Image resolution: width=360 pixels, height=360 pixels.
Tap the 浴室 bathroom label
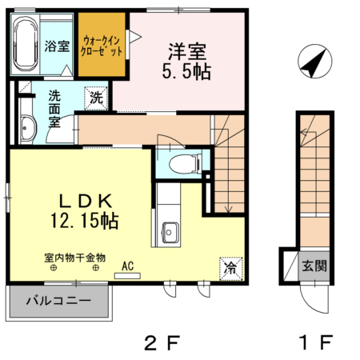[56, 45]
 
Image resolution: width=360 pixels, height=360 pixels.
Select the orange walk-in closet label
[102, 45]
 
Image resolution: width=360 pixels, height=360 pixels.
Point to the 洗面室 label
[54, 108]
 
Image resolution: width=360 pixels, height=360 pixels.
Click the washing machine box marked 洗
[95, 98]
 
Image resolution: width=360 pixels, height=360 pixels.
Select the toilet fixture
[183, 164]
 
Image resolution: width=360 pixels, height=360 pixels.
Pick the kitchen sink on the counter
[170, 232]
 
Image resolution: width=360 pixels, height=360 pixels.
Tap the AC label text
[127, 265]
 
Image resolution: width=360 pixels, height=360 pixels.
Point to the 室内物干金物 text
[74, 258]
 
